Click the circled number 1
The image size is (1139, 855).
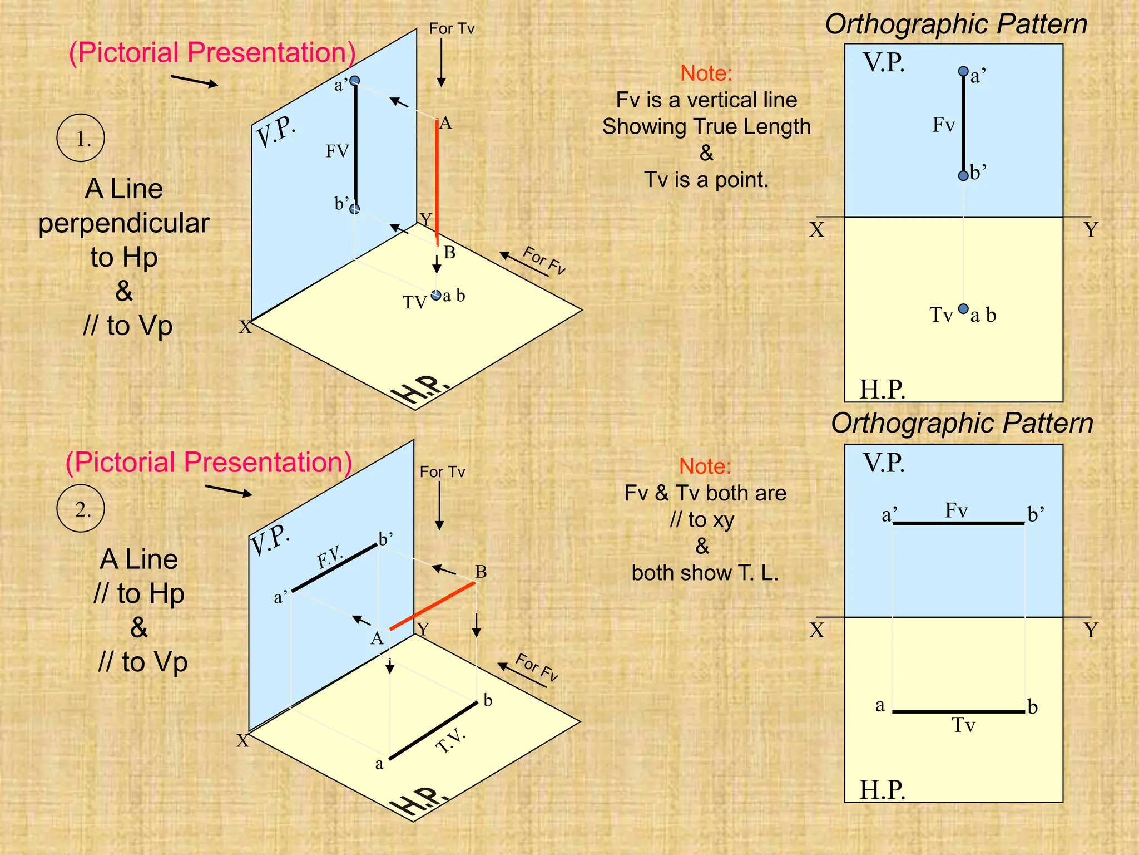(x=81, y=138)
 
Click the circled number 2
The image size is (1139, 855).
(x=81, y=509)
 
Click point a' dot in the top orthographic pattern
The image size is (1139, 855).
(x=963, y=71)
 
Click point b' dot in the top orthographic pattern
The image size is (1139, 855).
(x=963, y=176)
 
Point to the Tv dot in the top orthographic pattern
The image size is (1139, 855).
(x=964, y=308)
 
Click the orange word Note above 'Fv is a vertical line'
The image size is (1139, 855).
(x=706, y=73)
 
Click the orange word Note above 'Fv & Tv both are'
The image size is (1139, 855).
(x=705, y=466)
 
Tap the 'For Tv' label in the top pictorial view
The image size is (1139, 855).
(x=452, y=29)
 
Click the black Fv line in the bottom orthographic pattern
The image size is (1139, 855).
(x=958, y=523)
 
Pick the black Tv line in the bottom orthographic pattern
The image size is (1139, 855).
(x=958, y=711)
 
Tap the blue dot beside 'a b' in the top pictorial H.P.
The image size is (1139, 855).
(x=436, y=295)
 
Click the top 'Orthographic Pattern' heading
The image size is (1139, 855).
(x=956, y=24)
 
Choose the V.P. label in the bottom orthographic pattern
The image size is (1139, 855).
(x=884, y=463)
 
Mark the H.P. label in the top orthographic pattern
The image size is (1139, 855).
(x=882, y=389)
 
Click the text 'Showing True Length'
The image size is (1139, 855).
(x=706, y=126)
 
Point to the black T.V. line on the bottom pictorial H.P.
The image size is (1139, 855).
(x=433, y=730)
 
